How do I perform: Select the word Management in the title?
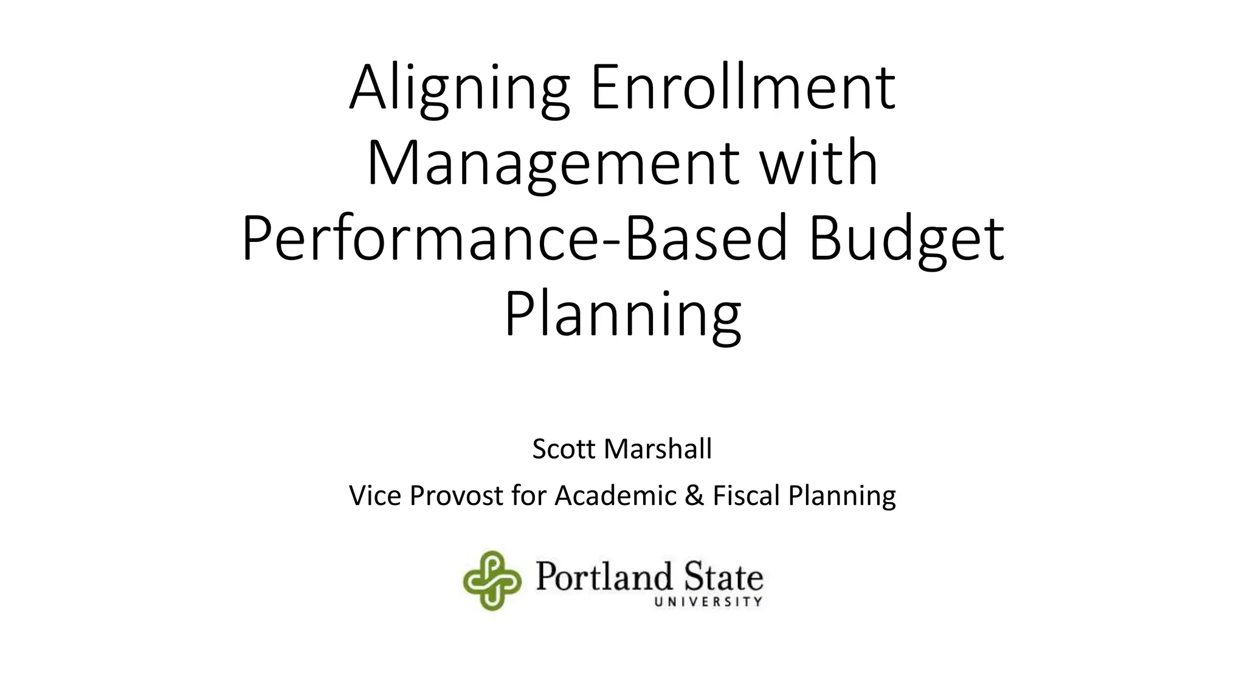point(553,164)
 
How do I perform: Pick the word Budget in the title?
point(906,241)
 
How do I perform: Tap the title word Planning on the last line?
point(622,316)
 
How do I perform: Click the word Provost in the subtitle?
point(457,496)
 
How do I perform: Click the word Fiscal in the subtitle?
point(747,495)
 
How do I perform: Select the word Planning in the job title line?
point(842,496)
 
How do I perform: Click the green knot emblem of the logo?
point(492,580)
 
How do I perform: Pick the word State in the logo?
point(723,577)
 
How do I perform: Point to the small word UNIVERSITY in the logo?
point(708,602)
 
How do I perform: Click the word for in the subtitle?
point(531,495)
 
